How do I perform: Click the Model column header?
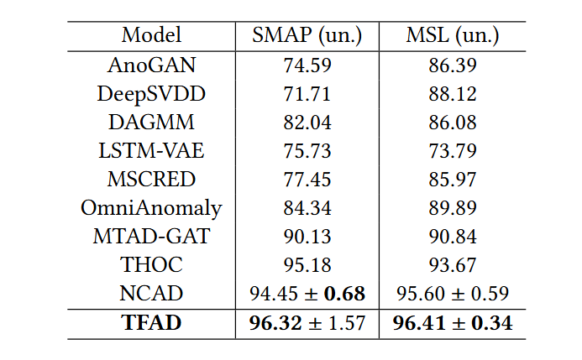pyautogui.click(x=151, y=35)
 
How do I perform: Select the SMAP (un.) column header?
pyautogui.click(x=308, y=35)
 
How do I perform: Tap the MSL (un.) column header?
pyautogui.click(x=453, y=35)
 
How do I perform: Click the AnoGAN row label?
pyautogui.click(x=151, y=64)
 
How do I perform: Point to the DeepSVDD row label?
pyautogui.click(x=151, y=93)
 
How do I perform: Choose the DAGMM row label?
pyautogui.click(x=151, y=122)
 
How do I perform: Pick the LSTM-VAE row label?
pyautogui.click(x=151, y=151)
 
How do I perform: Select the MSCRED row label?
pyautogui.click(x=151, y=180)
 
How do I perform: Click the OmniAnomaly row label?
pyautogui.click(x=151, y=208)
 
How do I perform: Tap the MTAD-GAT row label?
pyautogui.click(x=151, y=237)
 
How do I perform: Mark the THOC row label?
pyautogui.click(x=151, y=265)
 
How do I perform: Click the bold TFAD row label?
pyautogui.click(x=151, y=323)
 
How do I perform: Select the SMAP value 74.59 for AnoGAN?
pyautogui.click(x=308, y=64)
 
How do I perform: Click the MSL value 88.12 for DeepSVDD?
pyautogui.click(x=453, y=93)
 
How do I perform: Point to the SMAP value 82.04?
pyautogui.click(x=308, y=122)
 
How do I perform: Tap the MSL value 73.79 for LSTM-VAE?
pyautogui.click(x=453, y=151)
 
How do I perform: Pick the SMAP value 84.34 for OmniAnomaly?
pyautogui.click(x=308, y=208)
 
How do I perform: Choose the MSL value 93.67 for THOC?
pyautogui.click(x=453, y=265)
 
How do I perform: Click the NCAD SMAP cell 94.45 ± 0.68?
pyautogui.click(x=308, y=294)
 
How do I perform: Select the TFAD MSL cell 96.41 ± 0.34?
pyautogui.click(x=453, y=323)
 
